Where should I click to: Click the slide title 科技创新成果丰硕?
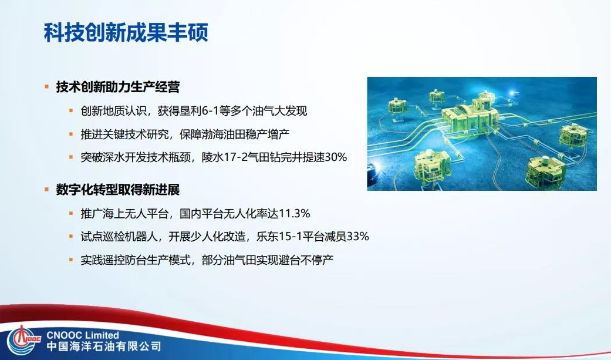[x=126, y=32]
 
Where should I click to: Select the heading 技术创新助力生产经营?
[x=117, y=88]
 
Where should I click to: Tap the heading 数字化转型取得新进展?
[x=117, y=190]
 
